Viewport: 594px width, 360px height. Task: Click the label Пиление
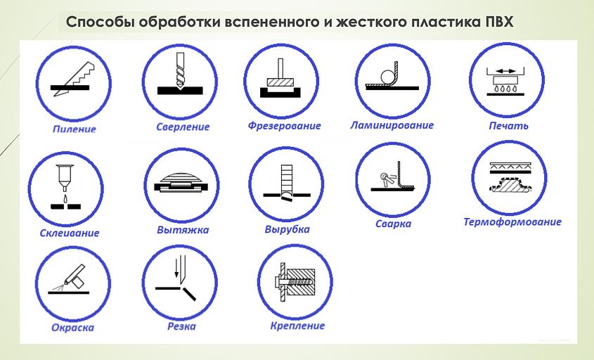74,129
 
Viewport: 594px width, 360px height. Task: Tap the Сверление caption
183,127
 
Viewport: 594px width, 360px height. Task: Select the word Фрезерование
284,126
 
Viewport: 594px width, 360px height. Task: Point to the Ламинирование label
392,126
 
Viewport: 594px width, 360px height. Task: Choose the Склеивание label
70,233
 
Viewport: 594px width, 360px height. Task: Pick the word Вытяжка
183,230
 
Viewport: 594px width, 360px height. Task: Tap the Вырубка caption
287,230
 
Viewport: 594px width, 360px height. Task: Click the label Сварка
393,224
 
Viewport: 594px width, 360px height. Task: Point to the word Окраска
72,327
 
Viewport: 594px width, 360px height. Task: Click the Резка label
181,327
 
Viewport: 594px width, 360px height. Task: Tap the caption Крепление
297,326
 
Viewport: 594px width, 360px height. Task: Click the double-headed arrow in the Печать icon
505,70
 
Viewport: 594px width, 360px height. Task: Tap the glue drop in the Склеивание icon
63,199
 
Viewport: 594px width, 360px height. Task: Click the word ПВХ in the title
498,22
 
